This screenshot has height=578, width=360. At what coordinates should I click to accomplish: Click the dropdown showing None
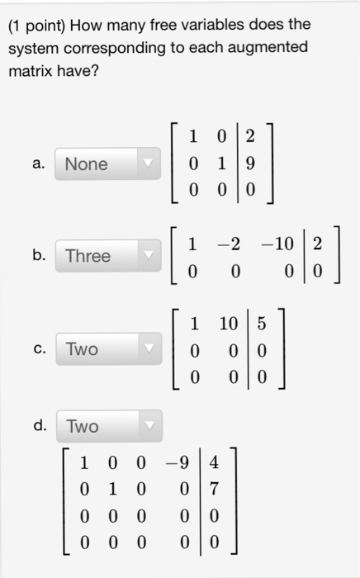pyautogui.click(x=107, y=164)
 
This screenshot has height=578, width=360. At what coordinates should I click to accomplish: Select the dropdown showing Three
pyautogui.click(x=108, y=256)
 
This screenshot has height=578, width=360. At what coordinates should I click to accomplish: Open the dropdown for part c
pyautogui.click(x=109, y=348)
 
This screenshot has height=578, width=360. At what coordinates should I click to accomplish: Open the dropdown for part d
pyautogui.click(x=110, y=426)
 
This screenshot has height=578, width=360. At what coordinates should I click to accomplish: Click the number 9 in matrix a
pyautogui.click(x=250, y=163)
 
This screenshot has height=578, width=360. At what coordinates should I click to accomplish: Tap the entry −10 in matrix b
pyautogui.click(x=277, y=244)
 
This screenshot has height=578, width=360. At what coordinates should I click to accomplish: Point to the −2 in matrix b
pyautogui.click(x=229, y=244)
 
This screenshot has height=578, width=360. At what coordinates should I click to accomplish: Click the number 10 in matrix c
pyautogui.click(x=229, y=324)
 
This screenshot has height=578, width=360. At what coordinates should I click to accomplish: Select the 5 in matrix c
pyautogui.click(x=262, y=324)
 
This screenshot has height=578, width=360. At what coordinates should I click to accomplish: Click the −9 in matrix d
pyautogui.click(x=178, y=462)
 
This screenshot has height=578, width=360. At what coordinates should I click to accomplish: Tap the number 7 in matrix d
pyautogui.click(x=214, y=489)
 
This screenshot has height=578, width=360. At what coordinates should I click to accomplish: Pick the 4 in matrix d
pyautogui.click(x=214, y=462)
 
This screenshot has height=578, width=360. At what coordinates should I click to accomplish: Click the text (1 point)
pyautogui.click(x=36, y=26)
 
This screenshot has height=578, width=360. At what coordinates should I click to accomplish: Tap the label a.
pyautogui.click(x=39, y=163)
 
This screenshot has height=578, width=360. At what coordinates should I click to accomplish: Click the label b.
pyautogui.click(x=39, y=254)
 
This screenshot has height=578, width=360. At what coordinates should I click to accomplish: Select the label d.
pyautogui.click(x=40, y=425)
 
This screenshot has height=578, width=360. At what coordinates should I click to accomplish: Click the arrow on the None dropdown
pyautogui.click(x=148, y=163)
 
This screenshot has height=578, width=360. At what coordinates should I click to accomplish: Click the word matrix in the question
pyautogui.click(x=31, y=71)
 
